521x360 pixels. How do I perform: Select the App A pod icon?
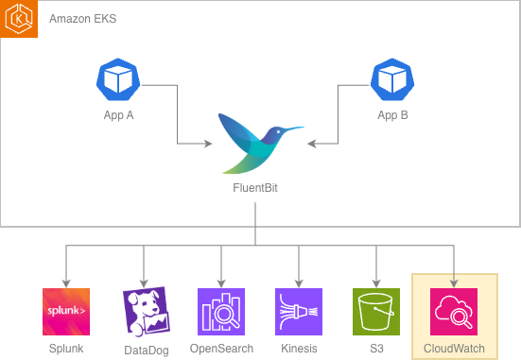pos(118,81)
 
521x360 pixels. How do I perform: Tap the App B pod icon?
pos(392,81)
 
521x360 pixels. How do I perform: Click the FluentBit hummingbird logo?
pos(255,143)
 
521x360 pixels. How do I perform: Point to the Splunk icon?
pos(66,312)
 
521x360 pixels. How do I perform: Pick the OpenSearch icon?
pos(221,312)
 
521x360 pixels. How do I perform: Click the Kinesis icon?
pos(299,312)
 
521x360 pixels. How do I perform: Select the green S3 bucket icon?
pos(376,312)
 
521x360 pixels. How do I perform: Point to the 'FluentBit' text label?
pos(255,188)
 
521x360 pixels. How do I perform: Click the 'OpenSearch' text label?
pos(221,349)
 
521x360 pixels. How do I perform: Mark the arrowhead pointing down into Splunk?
pos(66,283)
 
